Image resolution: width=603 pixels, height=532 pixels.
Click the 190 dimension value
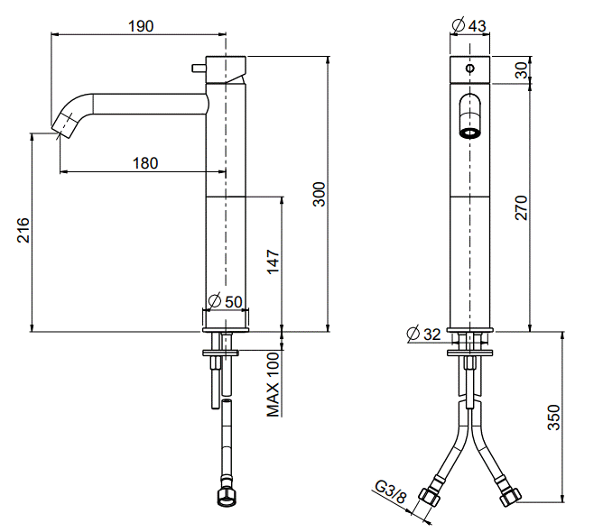[x=141, y=26]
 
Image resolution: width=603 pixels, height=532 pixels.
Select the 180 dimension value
[x=145, y=163]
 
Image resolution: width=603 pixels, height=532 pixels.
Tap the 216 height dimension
[x=23, y=230]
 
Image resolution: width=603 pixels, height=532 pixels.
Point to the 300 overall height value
[x=319, y=195]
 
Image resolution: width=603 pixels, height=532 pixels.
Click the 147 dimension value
[x=273, y=261]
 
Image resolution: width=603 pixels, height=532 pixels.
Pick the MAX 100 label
[x=273, y=385]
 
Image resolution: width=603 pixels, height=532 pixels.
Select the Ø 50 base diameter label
[x=226, y=301]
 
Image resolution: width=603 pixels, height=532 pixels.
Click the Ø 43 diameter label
[x=468, y=25]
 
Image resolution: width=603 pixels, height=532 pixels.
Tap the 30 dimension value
[x=522, y=70]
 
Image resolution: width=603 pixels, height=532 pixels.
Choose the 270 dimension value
[x=522, y=207]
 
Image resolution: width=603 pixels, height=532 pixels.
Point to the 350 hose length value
[x=553, y=417]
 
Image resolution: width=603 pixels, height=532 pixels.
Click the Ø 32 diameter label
[x=423, y=334]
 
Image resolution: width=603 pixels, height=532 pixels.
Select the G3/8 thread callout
[x=390, y=492]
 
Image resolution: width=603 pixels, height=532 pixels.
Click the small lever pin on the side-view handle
[x=199, y=69]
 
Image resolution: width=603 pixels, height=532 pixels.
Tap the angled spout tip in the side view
[x=61, y=124]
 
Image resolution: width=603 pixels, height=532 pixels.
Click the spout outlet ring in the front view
[x=469, y=133]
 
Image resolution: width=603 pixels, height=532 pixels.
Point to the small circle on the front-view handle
[x=470, y=69]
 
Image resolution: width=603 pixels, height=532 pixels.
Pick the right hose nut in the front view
[x=510, y=497]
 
